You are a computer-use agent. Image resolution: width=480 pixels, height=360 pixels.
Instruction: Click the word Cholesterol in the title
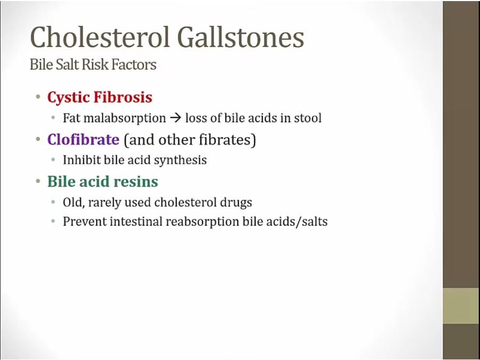[x=100, y=37]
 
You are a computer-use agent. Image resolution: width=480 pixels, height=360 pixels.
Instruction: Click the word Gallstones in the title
[x=241, y=37]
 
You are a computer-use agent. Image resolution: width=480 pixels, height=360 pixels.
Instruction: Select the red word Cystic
[x=69, y=98]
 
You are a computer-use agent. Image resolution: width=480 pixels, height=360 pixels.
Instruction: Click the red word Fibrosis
[x=123, y=97]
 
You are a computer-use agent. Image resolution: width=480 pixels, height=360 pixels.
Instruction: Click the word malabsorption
[x=125, y=118]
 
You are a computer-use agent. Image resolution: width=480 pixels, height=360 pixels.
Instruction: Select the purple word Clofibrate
[x=83, y=140]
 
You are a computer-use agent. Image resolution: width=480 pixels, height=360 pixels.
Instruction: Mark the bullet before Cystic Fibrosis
[x=38, y=98]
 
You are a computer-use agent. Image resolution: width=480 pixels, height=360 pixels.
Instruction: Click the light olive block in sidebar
[x=461, y=306]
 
